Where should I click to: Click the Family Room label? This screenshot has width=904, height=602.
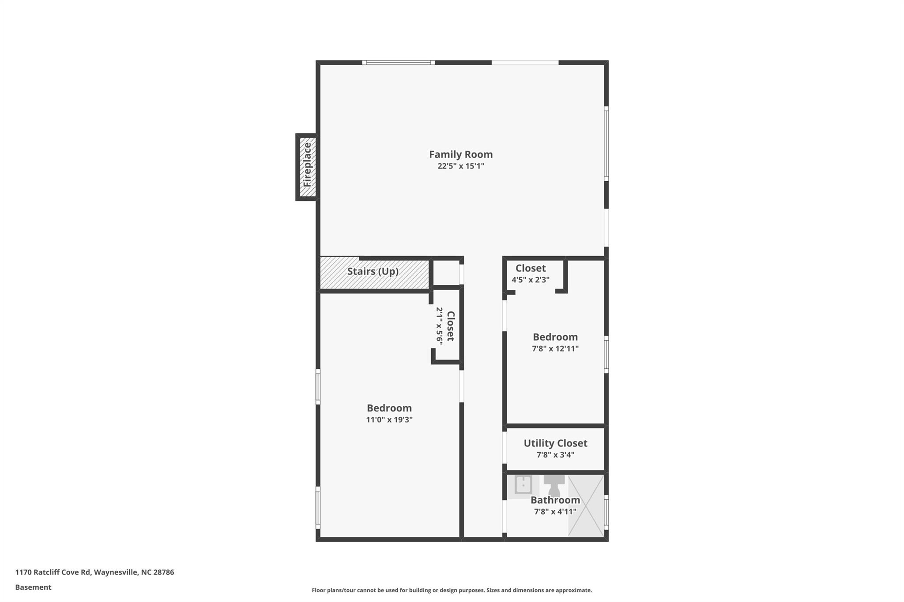point(461,154)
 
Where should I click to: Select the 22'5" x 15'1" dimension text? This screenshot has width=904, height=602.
point(461,166)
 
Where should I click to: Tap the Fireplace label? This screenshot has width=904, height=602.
point(307,165)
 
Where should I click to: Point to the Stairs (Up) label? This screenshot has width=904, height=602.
point(373,271)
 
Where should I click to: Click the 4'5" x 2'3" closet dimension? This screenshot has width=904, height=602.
point(531,280)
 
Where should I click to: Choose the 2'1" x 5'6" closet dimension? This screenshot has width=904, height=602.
point(439,326)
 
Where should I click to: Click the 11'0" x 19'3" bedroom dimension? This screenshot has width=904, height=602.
point(389,420)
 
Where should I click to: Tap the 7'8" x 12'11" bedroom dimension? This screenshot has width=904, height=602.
point(555,348)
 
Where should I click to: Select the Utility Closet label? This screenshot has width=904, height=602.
point(555,443)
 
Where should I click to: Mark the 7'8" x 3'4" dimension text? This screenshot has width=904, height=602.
point(555,455)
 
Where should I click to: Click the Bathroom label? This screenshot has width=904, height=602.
point(555,500)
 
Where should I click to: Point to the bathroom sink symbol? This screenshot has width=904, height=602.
point(524,485)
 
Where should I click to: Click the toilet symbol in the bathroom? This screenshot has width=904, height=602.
point(554,486)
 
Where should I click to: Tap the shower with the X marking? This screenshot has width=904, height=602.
point(586,506)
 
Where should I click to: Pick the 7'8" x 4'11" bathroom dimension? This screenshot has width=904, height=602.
point(555,512)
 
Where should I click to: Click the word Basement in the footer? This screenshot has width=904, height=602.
point(33,587)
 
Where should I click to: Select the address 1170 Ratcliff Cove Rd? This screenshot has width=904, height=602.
point(53,572)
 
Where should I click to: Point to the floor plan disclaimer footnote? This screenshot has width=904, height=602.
point(452,590)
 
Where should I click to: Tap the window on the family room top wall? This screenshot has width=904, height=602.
point(399,63)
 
